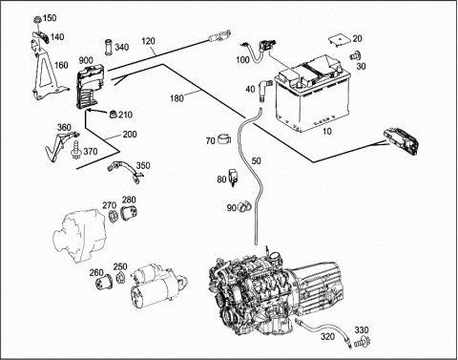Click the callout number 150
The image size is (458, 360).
(50, 18)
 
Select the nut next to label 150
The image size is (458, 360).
(37, 20)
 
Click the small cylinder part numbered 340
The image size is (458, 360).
(109, 47)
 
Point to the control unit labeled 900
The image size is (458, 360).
(90, 86)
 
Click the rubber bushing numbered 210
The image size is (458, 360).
(114, 114)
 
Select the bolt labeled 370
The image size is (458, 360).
(76, 151)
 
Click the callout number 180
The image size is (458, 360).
(177, 97)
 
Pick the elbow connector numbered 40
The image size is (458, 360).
(265, 91)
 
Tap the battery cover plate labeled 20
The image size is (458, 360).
(340, 40)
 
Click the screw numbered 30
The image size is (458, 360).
(354, 55)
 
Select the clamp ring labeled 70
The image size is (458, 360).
(224, 139)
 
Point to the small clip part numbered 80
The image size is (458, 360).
(233, 178)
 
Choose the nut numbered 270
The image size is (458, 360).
(113, 216)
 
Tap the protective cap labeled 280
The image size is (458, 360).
(129, 213)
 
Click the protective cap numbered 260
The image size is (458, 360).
(105, 282)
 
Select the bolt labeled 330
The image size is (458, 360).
(363, 341)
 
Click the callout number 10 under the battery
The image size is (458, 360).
(327, 131)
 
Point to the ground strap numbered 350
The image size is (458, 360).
(126, 172)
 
